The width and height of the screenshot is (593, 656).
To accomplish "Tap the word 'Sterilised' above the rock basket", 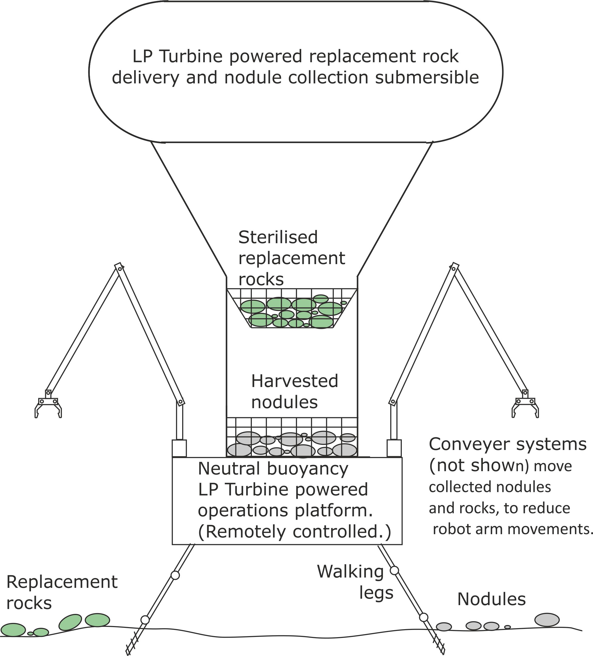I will tap(278, 237).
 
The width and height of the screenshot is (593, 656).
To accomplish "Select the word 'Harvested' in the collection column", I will tap(294, 381).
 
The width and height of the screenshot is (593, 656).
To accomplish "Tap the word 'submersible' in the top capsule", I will tap(427, 77).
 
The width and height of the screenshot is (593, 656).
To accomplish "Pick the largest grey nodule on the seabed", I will tap(547, 620).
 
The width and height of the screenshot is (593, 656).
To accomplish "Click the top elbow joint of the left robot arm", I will tap(120, 269).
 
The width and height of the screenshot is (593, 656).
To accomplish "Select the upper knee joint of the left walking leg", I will tap(175, 575).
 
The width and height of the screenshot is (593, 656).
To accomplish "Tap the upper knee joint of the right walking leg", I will tap(394, 571).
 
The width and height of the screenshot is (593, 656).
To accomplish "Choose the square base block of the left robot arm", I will tap(179, 448).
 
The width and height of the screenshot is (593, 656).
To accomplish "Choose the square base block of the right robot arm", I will tap(394, 448).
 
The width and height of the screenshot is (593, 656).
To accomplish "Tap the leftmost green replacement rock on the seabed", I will tap(13, 630).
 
